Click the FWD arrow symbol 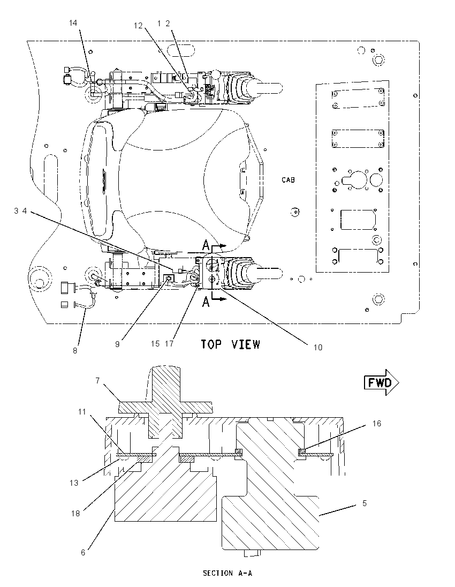[x=381, y=382]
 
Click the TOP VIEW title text [x=230, y=344]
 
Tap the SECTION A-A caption [x=227, y=573]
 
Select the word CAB [x=288, y=180]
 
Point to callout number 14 [x=73, y=23]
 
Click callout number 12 [x=138, y=26]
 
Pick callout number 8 [x=75, y=351]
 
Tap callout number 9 [x=117, y=344]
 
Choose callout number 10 [x=317, y=348]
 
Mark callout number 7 [x=97, y=381]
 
